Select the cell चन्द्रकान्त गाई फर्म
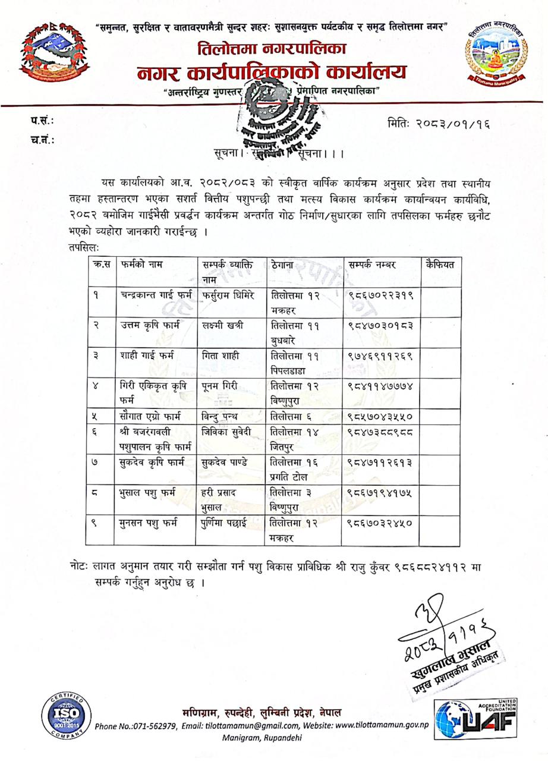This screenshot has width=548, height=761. click(x=156, y=296)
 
